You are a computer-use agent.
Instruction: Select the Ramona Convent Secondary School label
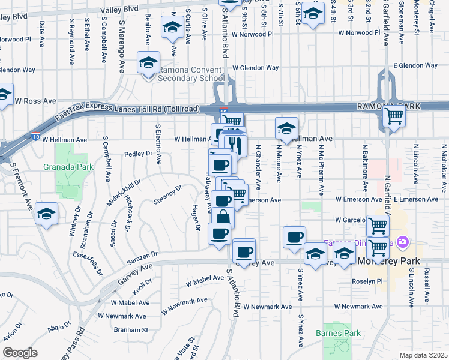191,74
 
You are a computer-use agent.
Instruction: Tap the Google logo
20,353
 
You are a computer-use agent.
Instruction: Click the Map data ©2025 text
424,355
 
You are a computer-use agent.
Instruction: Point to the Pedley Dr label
139,154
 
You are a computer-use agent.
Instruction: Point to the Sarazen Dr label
142,258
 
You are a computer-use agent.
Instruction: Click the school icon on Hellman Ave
287,128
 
